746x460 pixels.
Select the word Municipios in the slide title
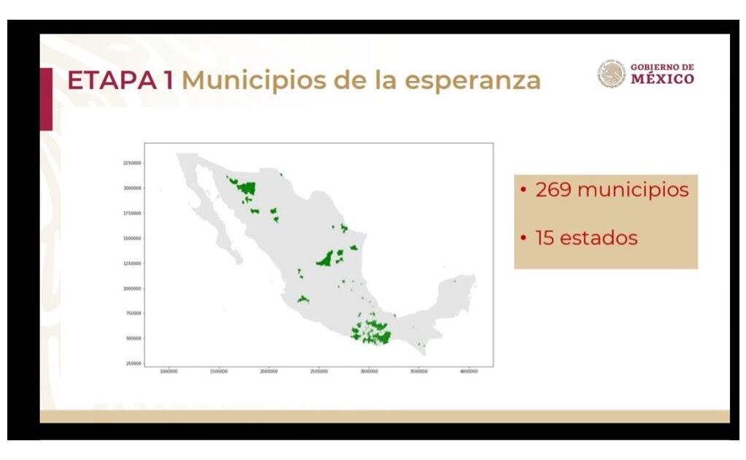257,80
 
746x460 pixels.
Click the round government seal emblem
612,74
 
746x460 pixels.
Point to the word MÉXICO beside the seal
662,78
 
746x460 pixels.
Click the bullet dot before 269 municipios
524,190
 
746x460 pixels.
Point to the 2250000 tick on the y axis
131,163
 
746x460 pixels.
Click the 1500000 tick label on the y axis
131,238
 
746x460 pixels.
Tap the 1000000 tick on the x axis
169,372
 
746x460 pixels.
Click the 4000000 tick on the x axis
469,372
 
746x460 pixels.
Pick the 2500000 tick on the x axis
319,372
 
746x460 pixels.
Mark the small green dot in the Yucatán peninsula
454,280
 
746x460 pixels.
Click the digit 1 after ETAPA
167,80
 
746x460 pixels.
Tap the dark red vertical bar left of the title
46,99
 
